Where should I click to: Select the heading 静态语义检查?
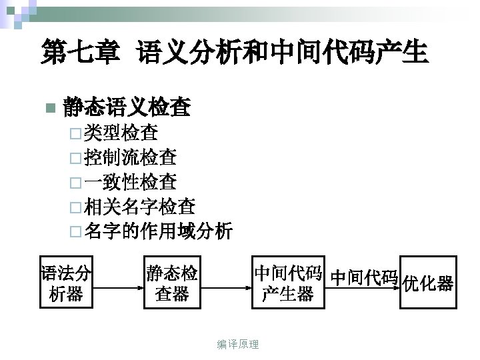coord(127,107)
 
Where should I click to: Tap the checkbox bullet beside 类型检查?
coord(73,134)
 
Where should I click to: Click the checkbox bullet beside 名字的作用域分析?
coord(73,233)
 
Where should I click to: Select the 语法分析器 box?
coord(66,283)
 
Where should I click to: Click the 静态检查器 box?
coord(172,283)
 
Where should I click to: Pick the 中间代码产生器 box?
coord(287,283)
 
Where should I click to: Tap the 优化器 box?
coord(428,283)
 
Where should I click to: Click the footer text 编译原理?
coord(238,344)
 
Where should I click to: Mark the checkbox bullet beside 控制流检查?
coord(73,159)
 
